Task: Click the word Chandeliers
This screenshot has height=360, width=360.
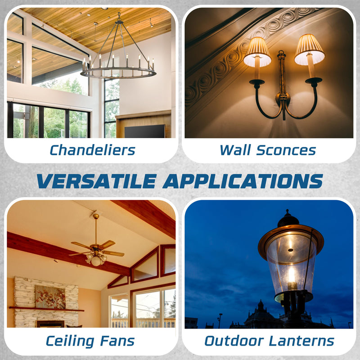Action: point(92,150)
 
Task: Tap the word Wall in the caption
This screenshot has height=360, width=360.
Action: point(235,150)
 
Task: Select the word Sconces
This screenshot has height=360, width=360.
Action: point(286,150)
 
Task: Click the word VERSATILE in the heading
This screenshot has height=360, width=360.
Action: point(97,181)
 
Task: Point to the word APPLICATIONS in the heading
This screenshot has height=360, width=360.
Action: point(243,181)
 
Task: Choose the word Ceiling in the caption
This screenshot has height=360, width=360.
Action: point(70,341)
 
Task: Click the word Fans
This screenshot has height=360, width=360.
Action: point(117,341)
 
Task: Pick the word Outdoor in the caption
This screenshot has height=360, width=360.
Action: point(234,341)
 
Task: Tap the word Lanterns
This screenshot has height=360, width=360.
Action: point(301,341)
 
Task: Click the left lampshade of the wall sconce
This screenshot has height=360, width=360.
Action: point(257,52)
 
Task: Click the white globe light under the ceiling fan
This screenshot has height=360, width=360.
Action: point(96,261)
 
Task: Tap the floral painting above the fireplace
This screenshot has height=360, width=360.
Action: point(50,297)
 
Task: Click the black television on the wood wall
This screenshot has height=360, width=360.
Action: point(145,131)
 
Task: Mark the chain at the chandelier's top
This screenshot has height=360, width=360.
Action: point(119,17)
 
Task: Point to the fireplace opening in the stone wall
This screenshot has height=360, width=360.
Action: point(50,324)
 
